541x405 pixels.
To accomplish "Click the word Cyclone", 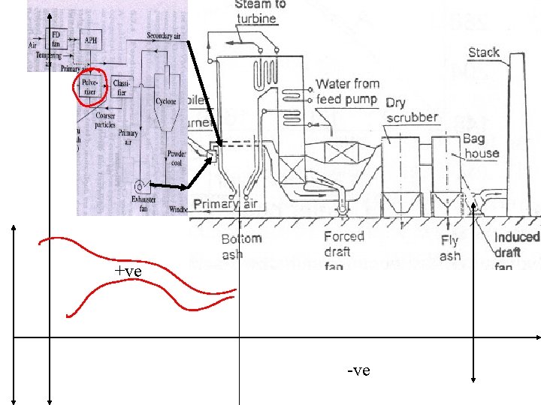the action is click(166, 101).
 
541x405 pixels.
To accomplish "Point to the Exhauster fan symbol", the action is click(140, 184).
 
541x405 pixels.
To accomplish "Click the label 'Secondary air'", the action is click(166, 36).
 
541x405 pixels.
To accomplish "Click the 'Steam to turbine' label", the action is click(261, 11).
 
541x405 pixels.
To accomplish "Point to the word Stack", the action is click(484, 52).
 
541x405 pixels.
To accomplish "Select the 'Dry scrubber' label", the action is click(412, 110).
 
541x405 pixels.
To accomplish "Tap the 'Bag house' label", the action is click(481, 145).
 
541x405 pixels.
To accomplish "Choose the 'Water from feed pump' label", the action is click(347, 91).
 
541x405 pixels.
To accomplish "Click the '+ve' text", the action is click(128, 271).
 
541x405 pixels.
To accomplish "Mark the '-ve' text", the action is click(358, 370).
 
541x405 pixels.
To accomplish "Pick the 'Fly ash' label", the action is click(449, 248).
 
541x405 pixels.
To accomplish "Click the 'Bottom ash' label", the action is click(241, 247).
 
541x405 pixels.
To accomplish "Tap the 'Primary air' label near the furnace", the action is click(225, 204).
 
